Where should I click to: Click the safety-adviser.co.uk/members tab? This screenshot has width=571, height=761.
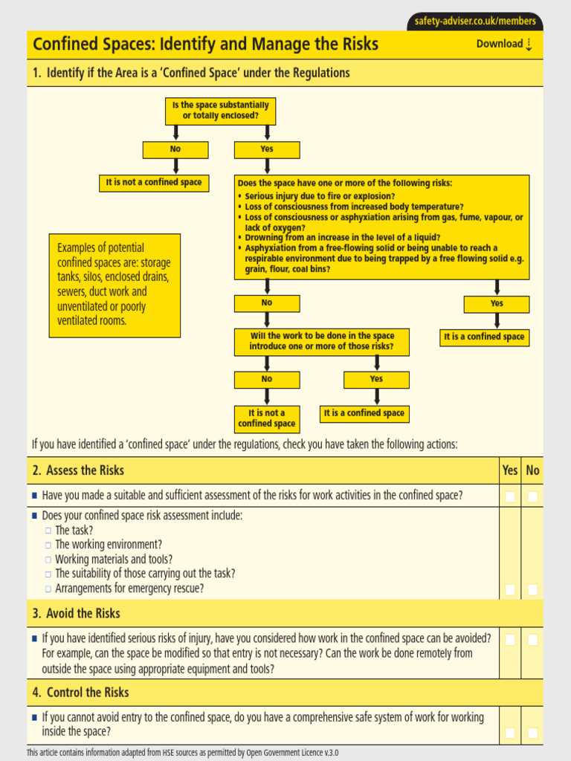tap(475, 22)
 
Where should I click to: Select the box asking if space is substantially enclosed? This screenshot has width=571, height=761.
tap(220, 111)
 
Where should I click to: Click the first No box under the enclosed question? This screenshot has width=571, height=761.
tap(175, 149)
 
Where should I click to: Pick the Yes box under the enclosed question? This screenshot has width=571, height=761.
tap(267, 149)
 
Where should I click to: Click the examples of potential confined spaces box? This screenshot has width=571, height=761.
tap(115, 285)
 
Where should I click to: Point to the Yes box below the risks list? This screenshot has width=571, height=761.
tap(497, 304)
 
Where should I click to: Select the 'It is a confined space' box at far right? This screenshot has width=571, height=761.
tap(484, 337)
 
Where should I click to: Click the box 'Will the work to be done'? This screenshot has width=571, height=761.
tap(321, 341)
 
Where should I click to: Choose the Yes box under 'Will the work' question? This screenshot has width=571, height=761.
tap(376, 379)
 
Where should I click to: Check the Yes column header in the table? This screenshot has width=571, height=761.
tap(510, 470)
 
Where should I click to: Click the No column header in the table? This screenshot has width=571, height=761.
tap(532, 470)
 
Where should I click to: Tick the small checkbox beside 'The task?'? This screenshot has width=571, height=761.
tap(48, 531)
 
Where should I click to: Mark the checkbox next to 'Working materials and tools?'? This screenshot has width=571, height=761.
tap(48, 560)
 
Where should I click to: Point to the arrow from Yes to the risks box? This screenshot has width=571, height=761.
tap(267, 166)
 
